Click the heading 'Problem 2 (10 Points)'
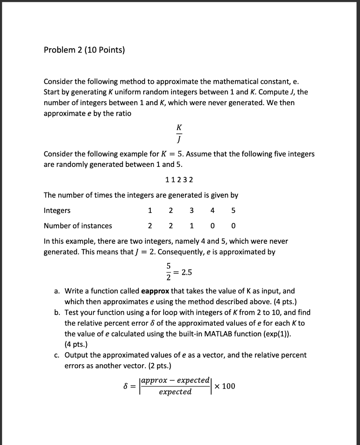[x=84, y=50]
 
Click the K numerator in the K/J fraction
[x=179, y=128]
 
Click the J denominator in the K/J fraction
[x=179, y=140]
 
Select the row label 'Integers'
[x=57, y=210]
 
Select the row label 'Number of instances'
[x=78, y=226]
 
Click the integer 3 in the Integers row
[x=192, y=210]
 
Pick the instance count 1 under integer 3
[x=192, y=226]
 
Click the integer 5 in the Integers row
[x=233, y=210]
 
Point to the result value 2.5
[x=187, y=272]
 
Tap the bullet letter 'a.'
[x=57, y=291]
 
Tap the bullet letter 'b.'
[x=57, y=312]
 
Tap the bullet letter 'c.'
[x=57, y=355]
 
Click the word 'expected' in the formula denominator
[x=175, y=392]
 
